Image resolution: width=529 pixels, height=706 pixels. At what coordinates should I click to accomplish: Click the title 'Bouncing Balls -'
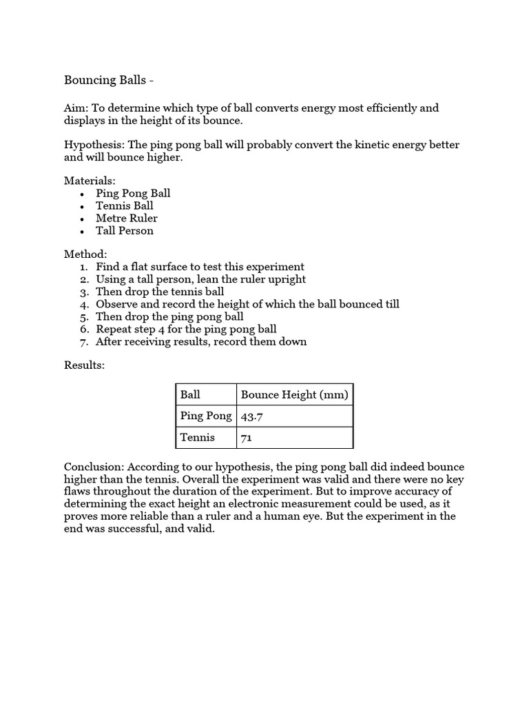(x=109, y=80)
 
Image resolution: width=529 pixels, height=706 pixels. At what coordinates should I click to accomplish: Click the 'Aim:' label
(x=76, y=108)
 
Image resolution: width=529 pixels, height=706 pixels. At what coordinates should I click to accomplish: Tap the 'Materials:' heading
(x=90, y=181)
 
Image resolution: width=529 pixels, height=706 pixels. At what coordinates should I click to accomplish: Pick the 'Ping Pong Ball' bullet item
(x=133, y=193)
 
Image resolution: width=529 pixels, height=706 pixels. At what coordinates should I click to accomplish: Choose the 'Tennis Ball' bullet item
(x=125, y=205)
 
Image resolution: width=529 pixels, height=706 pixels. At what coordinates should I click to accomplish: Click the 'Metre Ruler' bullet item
(x=127, y=218)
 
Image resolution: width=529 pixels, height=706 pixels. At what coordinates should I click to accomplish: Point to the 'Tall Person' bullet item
(x=125, y=230)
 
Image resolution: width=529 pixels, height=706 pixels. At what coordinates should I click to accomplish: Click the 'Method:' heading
(x=85, y=254)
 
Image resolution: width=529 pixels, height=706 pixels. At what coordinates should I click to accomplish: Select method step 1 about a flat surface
(x=200, y=267)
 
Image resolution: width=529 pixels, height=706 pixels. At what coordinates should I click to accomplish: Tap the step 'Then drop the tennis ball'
(x=160, y=292)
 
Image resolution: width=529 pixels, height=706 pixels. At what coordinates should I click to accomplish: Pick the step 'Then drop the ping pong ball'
(x=169, y=316)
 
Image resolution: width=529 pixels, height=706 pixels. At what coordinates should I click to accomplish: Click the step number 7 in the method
(x=84, y=341)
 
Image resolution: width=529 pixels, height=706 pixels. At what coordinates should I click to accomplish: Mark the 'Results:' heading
(x=84, y=365)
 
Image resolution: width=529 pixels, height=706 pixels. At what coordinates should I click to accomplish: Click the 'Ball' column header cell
(x=191, y=395)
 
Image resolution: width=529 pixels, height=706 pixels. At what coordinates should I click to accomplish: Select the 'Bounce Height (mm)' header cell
(x=294, y=395)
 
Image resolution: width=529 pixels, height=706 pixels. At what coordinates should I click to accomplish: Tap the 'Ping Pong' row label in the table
(x=205, y=416)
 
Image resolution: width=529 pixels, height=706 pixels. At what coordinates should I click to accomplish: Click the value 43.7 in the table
(x=251, y=416)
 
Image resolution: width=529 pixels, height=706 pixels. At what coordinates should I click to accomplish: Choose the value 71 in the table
(x=246, y=438)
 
